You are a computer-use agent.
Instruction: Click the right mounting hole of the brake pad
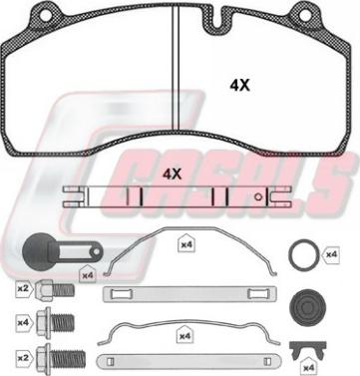pos(304,16)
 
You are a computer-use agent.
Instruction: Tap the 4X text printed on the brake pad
pos(239,86)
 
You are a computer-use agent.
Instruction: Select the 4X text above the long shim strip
pos(172,174)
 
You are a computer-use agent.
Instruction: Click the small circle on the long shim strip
pos(258,196)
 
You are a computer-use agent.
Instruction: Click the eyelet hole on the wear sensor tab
pos(96,251)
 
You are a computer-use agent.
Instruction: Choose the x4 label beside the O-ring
pos(331,254)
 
